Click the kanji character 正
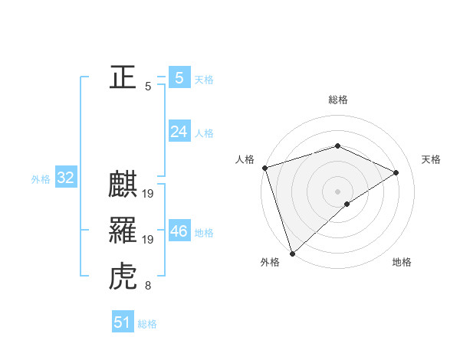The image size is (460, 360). coord(123,77)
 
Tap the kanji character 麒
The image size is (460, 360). coord(123,185)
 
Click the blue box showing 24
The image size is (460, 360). coord(179,132)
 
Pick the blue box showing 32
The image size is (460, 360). coord(66,178)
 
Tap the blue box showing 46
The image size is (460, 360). coord(179,231)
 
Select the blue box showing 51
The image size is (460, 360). coord(123,322)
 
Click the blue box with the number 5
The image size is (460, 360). coord(179,77)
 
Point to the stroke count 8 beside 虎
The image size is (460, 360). coord(148,286)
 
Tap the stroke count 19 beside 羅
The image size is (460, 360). coord(148,240)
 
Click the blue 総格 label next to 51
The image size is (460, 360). coord(147,324)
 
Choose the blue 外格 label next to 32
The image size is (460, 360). coord(41,179)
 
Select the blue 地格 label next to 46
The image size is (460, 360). coord(205,233)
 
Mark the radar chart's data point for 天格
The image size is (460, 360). coord(396,172)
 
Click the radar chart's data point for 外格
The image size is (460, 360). coord(292,253)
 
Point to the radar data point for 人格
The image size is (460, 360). coord(264,168)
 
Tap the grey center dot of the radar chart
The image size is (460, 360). coord(337,191)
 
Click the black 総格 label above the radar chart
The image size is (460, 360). coord(337,100)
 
